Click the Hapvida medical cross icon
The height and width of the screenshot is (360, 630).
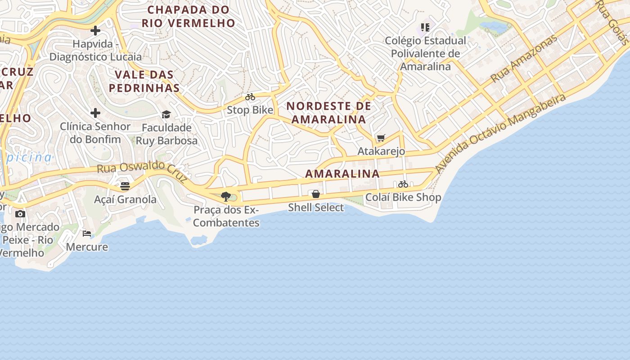click(95, 31)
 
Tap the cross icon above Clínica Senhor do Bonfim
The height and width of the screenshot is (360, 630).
click(95, 112)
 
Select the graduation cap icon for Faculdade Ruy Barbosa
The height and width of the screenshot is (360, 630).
click(166, 114)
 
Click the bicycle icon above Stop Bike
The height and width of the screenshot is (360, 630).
click(250, 97)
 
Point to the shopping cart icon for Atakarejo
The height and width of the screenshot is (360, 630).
click(381, 138)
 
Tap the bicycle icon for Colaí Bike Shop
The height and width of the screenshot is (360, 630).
click(403, 184)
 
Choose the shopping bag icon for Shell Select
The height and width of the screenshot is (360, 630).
click(316, 194)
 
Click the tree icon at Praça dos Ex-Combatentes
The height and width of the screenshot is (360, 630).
click(226, 196)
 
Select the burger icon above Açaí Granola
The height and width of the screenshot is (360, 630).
click(125, 186)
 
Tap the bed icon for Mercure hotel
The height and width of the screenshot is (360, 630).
click(87, 233)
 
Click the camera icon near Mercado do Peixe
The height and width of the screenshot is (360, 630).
click(20, 214)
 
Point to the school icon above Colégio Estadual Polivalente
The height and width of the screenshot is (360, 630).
click(425, 27)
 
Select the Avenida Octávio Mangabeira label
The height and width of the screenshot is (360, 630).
click(500, 133)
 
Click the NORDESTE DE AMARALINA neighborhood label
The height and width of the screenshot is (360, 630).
click(329, 112)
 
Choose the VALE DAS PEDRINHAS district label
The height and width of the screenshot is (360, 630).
click(144, 81)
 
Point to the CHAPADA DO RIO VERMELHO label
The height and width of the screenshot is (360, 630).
click(189, 16)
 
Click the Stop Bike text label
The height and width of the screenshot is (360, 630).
click(250, 110)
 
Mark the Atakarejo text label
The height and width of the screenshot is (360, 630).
click(381, 151)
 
